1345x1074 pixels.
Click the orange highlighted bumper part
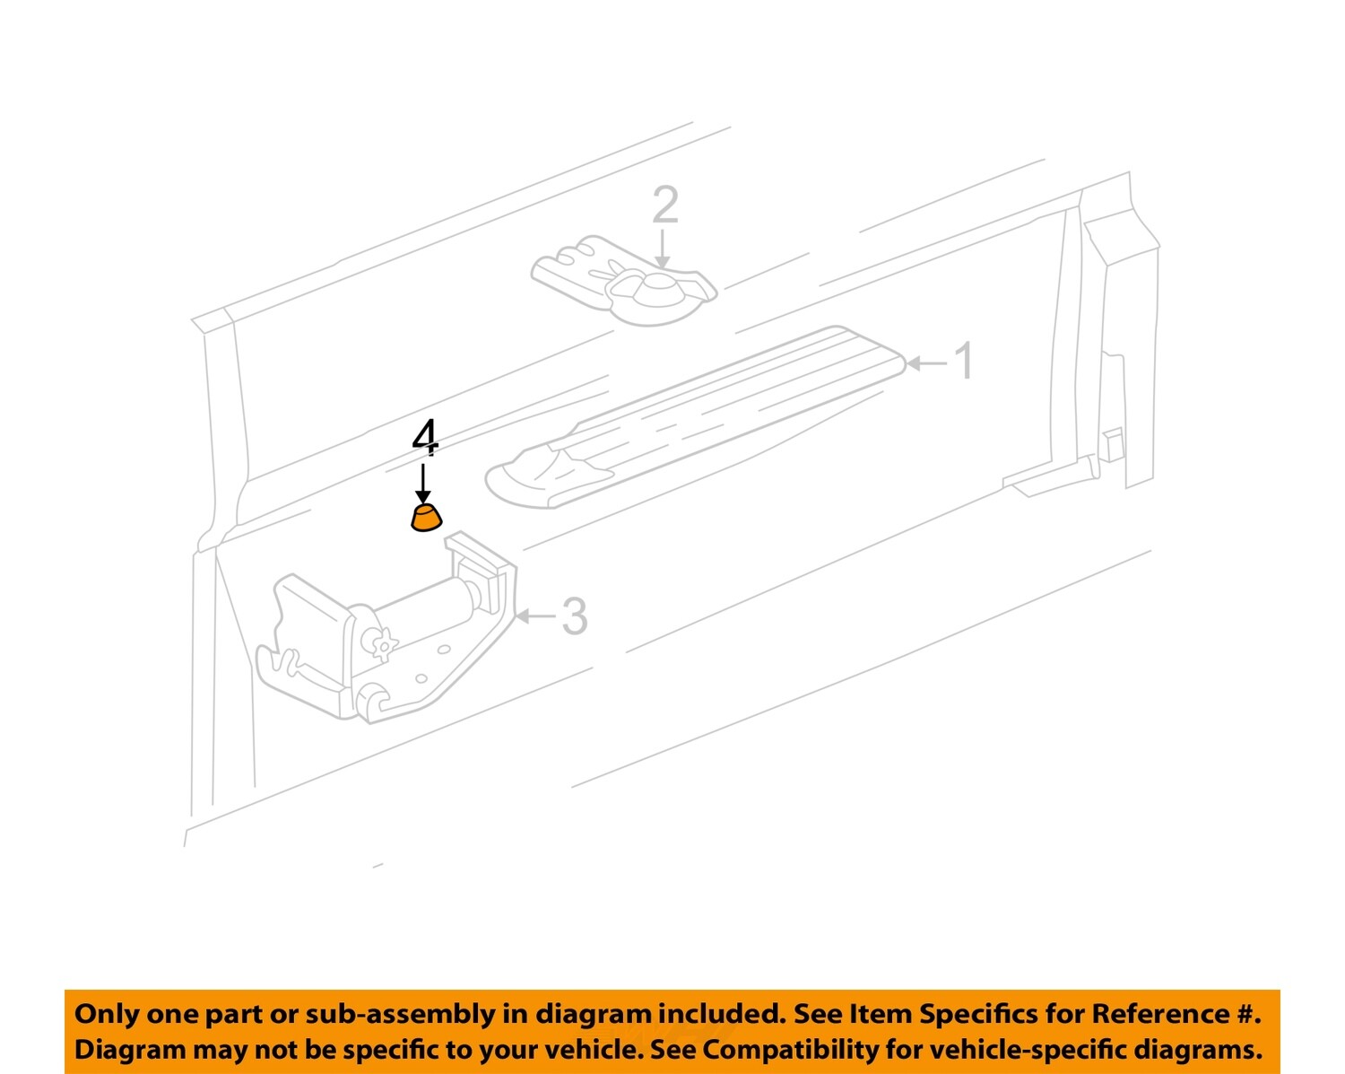[x=427, y=519]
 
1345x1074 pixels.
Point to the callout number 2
[x=664, y=205]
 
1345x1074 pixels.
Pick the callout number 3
[x=574, y=616]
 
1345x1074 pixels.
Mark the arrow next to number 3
[x=535, y=616]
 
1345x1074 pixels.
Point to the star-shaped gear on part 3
[x=382, y=644]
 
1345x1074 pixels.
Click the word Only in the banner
[x=107, y=1014]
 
